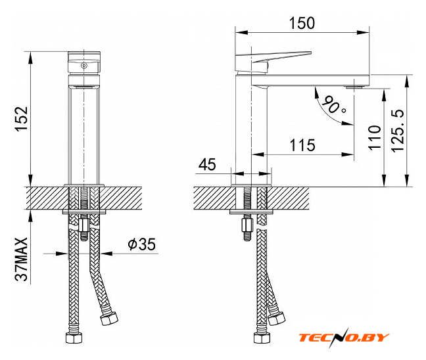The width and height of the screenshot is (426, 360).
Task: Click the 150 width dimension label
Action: [x=302, y=23]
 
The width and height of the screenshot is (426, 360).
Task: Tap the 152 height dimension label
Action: [x=22, y=119]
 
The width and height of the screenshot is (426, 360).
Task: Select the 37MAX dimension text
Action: [x=22, y=259]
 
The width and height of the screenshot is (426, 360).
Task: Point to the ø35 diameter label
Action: [x=141, y=244]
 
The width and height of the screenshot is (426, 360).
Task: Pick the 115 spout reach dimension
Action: [x=302, y=145]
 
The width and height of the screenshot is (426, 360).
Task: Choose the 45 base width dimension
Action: [x=207, y=164]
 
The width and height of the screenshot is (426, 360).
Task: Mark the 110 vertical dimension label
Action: [x=374, y=137]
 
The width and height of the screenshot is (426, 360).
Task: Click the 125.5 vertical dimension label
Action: [x=398, y=131]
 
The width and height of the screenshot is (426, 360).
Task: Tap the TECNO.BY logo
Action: [x=344, y=338]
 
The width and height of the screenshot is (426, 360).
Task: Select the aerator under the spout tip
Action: [x=354, y=87]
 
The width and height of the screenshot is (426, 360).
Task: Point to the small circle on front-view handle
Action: [x=84, y=66]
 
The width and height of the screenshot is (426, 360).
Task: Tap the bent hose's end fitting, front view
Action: [x=109, y=318]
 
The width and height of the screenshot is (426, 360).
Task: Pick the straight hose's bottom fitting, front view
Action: [x=74, y=338]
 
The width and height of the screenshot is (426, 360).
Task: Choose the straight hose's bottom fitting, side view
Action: [x=262, y=338]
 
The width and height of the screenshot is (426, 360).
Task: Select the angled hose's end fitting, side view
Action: [x=276, y=318]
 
